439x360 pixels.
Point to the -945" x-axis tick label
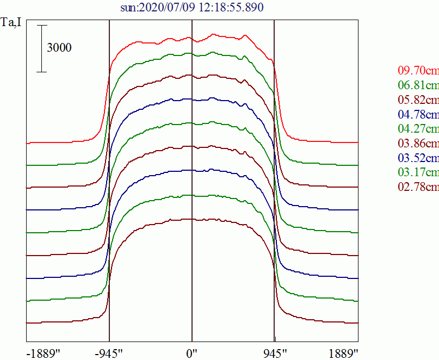pyautogui.click(x=109, y=353)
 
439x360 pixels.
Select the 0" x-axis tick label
pyautogui.click(x=192, y=353)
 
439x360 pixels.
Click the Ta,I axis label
pyautogui.click(x=11, y=23)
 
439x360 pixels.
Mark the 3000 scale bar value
pyautogui.click(x=59, y=48)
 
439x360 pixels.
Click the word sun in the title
pyautogui.click(x=129, y=7)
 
